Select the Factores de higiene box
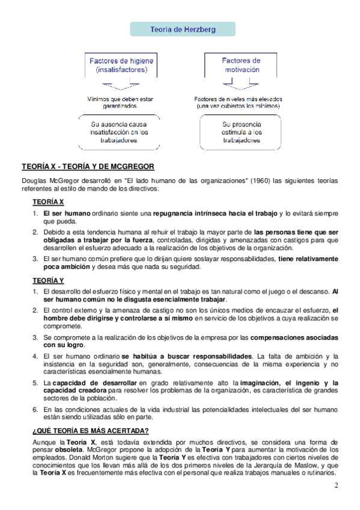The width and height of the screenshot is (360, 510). (121, 65)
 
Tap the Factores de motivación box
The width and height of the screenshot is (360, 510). (241, 64)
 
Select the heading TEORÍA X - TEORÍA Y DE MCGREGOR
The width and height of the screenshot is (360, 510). (88, 165)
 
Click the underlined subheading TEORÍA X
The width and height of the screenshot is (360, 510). (48, 201)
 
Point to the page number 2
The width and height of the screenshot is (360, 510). (337, 485)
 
